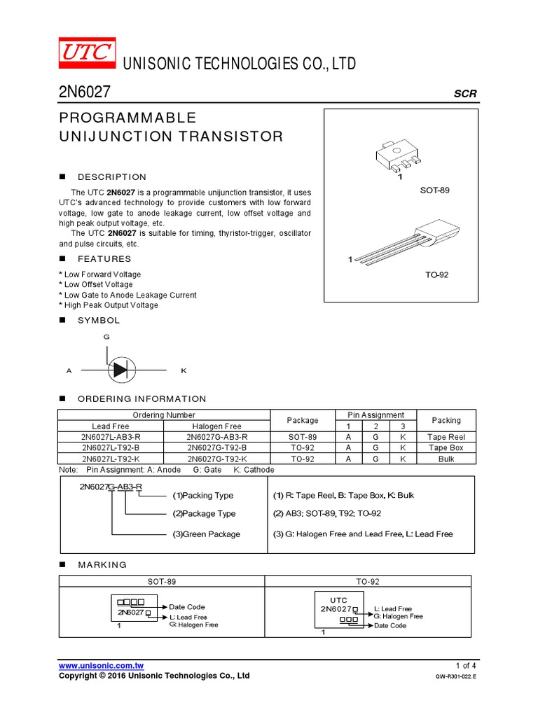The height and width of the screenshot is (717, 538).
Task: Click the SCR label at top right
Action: click(465, 94)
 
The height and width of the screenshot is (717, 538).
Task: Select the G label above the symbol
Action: click(106, 337)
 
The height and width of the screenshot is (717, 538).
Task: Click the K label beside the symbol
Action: click(184, 370)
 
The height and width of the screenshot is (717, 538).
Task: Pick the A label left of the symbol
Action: click(69, 370)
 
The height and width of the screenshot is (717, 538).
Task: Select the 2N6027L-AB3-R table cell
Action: click(111, 437)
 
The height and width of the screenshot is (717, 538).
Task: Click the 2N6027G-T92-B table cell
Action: click(216, 447)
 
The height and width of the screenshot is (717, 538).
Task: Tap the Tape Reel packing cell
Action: click(446, 437)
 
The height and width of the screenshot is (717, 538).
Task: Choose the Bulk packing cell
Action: click(446, 459)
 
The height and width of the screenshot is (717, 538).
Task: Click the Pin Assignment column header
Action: click(376, 415)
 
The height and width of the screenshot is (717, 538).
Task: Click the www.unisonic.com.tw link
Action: click(102, 665)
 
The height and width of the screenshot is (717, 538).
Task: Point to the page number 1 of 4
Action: click(465, 665)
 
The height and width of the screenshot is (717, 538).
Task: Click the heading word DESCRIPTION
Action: click(112, 177)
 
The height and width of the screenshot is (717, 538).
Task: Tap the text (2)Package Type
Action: click(204, 513)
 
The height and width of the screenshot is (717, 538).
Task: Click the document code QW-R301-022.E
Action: click(455, 676)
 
